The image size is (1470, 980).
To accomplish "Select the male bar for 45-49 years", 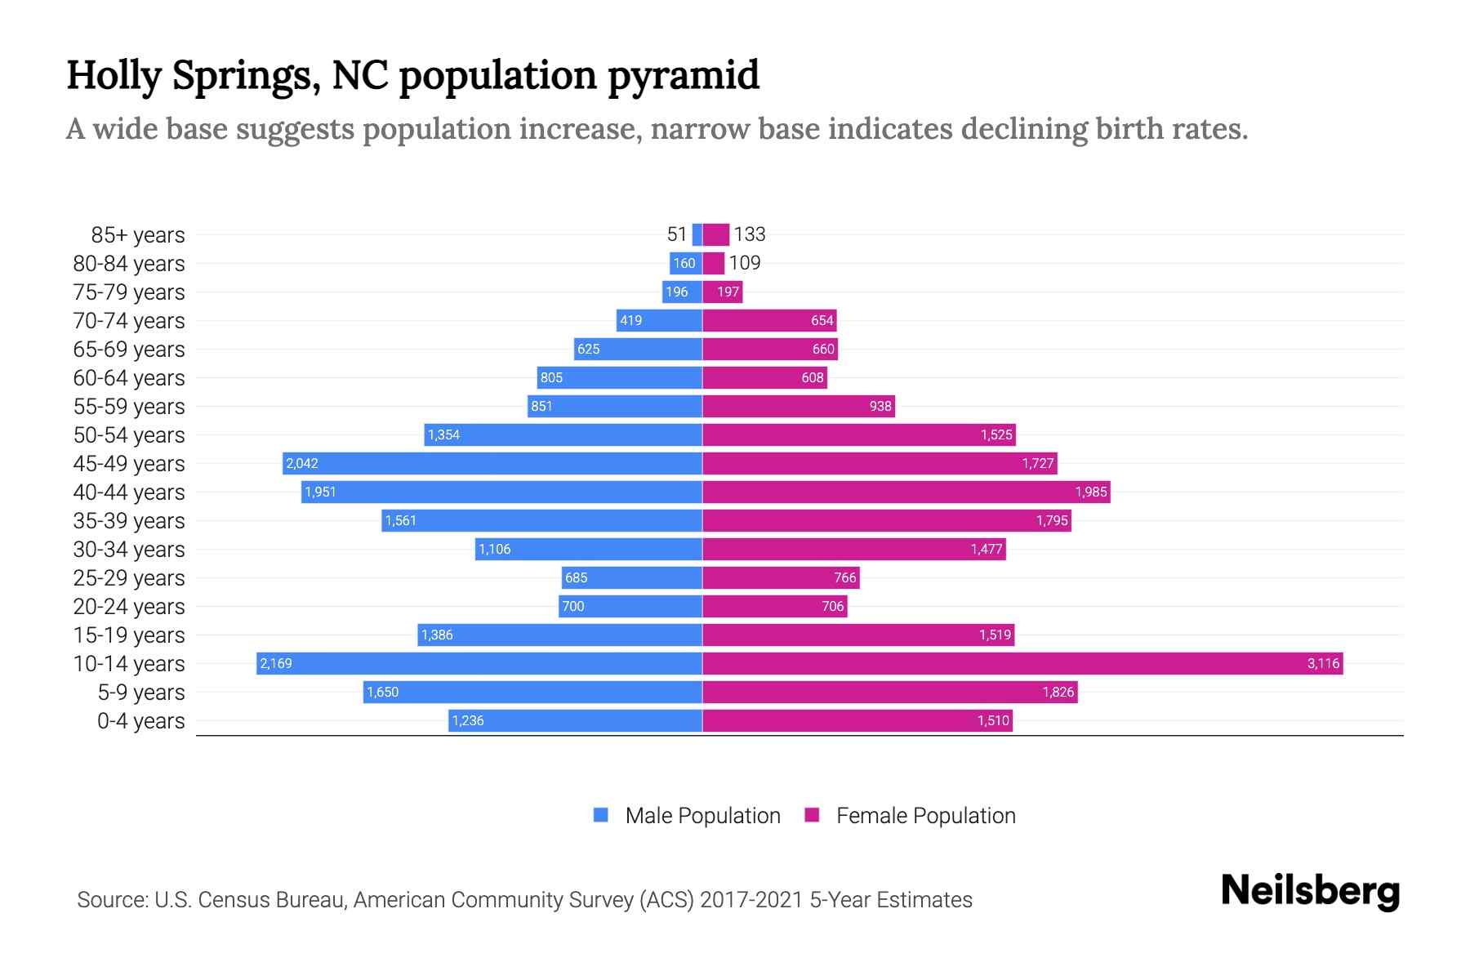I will (x=492, y=463).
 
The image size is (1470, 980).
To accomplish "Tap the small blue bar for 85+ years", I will (x=697, y=234).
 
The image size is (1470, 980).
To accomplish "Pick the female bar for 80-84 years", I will (x=714, y=263).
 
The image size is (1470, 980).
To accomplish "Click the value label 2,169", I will (x=276, y=663).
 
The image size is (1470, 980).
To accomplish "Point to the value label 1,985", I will (x=1090, y=492).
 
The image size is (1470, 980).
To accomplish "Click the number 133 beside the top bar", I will (x=749, y=234).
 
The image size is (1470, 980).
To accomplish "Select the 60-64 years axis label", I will (x=129, y=378).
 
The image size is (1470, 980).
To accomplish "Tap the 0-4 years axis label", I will (x=140, y=721).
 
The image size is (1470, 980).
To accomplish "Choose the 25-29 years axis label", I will (x=129, y=578).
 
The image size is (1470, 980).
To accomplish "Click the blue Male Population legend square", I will (x=601, y=815).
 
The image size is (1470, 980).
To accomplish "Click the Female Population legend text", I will (x=925, y=816).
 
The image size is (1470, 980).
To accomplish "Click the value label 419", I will (x=630, y=320).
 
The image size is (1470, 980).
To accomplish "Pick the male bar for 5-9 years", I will (x=532, y=692).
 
